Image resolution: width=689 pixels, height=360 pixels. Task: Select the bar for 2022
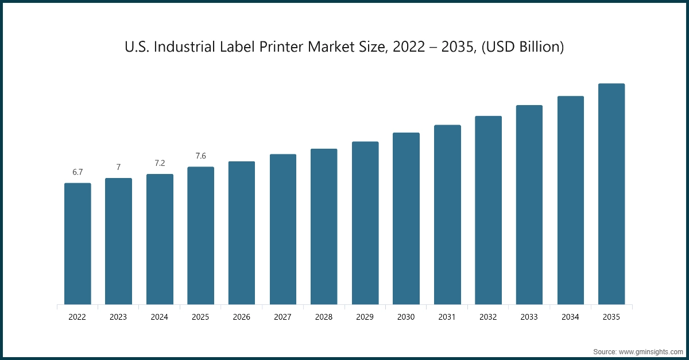[78, 243]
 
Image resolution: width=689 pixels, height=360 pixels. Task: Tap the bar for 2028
[324, 226]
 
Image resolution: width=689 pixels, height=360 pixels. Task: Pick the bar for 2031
[447, 215]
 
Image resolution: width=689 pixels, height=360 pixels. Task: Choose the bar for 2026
[242, 233]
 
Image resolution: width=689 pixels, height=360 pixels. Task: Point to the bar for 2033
[529, 204]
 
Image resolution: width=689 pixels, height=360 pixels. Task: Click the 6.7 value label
[78, 172]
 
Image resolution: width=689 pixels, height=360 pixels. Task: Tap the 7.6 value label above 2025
[200, 156]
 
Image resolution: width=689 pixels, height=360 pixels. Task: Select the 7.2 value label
[160, 163]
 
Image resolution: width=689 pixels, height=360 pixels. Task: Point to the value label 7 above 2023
[118, 167]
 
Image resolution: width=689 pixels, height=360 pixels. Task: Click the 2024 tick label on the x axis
[160, 316]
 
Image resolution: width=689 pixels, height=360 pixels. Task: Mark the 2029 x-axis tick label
[365, 316]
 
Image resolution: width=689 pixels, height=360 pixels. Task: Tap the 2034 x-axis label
[570, 316]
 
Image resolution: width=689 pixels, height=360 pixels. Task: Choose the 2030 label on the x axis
[406, 316]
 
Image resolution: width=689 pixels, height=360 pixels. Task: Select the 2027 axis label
[283, 316]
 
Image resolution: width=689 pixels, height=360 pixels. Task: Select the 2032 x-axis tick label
[488, 316]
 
